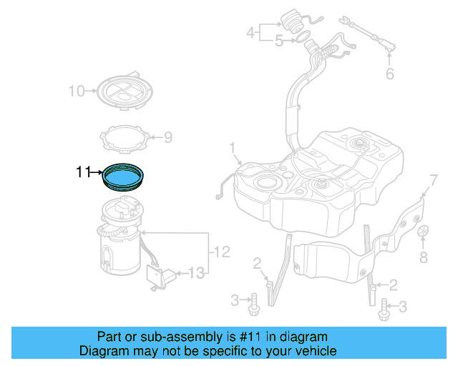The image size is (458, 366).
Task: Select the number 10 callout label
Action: coord(76,91)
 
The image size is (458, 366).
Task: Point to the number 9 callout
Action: coord(168,137)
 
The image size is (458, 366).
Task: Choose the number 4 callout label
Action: coord(250,32)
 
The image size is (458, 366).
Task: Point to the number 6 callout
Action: coord(389,74)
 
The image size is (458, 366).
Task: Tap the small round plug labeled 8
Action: coord(423,232)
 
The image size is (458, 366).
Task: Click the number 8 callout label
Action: coord(424,257)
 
